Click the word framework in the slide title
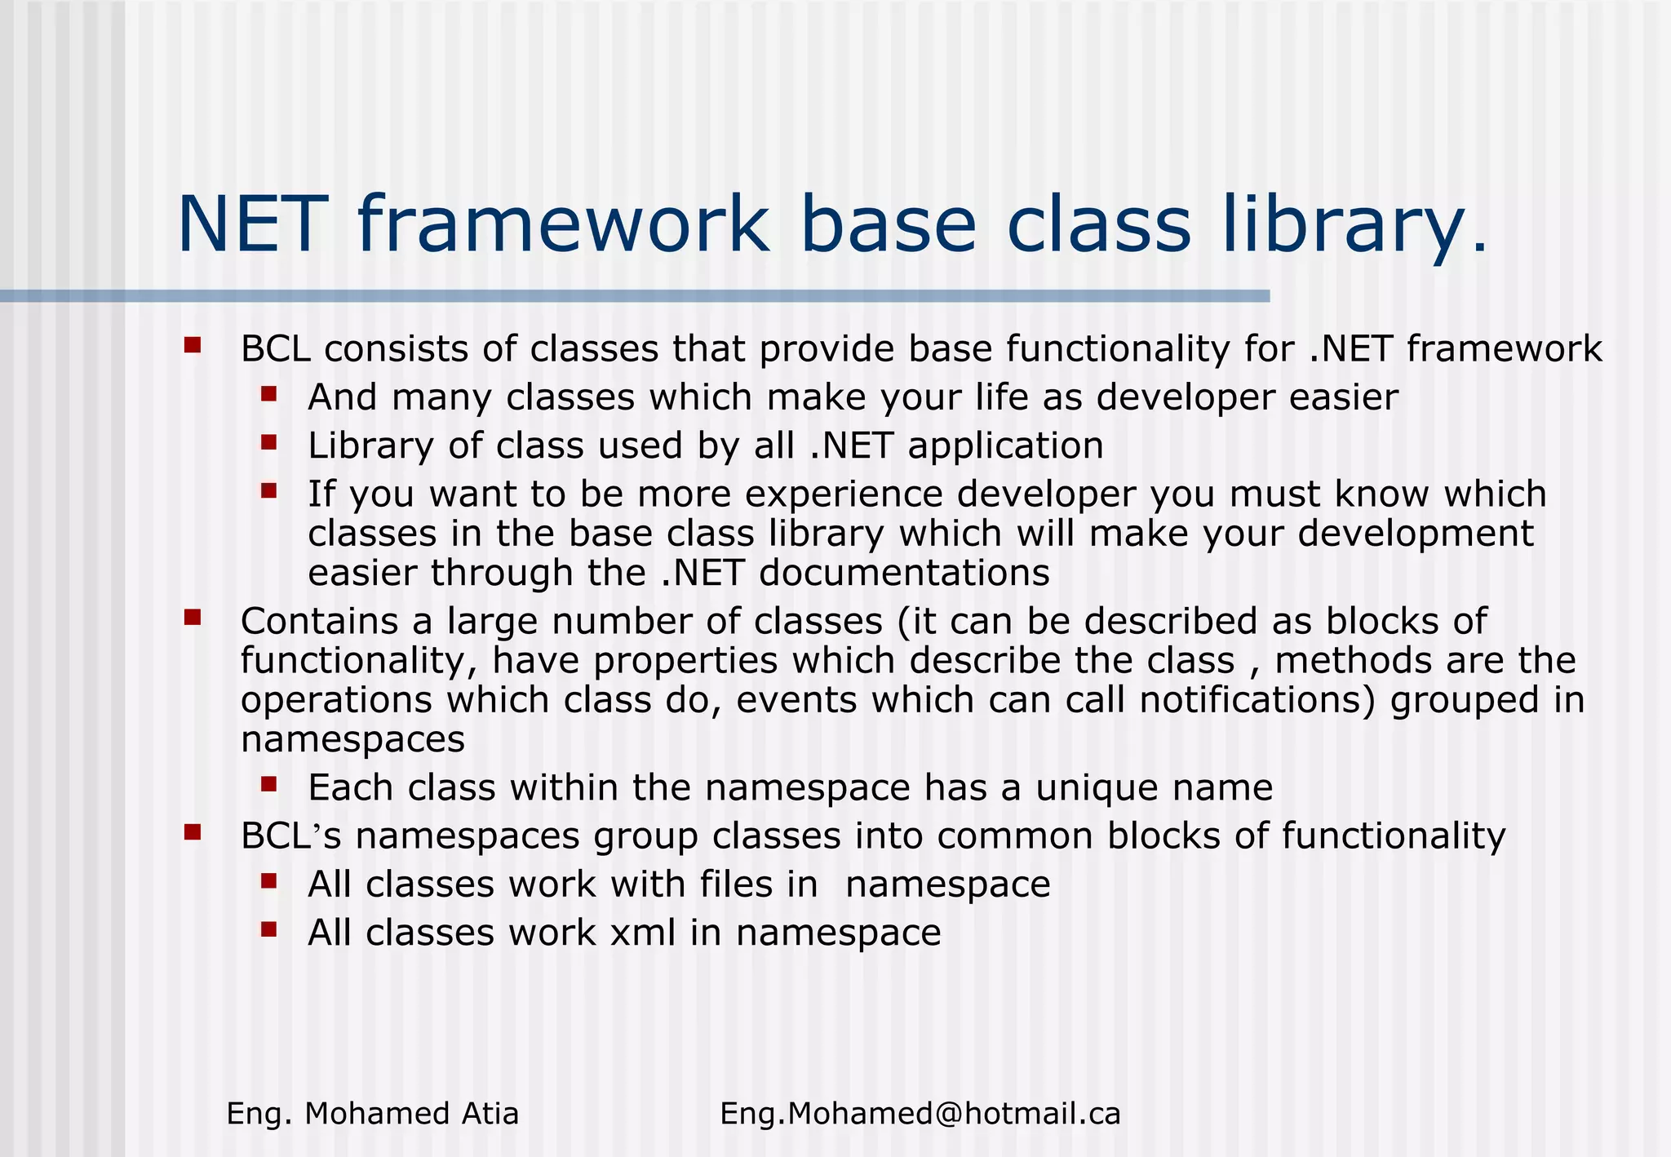(563, 224)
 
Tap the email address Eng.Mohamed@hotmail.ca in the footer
(920, 1113)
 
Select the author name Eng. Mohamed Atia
(372, 1113)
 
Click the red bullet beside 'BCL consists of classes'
(193, 345)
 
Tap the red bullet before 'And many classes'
(269, 395)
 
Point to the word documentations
(904, 573)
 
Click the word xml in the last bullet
(643, 933)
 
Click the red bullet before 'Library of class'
(269, 443)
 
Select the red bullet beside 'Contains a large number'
(193, 617)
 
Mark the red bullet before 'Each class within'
(269, 785)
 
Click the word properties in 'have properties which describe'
(685, 662)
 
